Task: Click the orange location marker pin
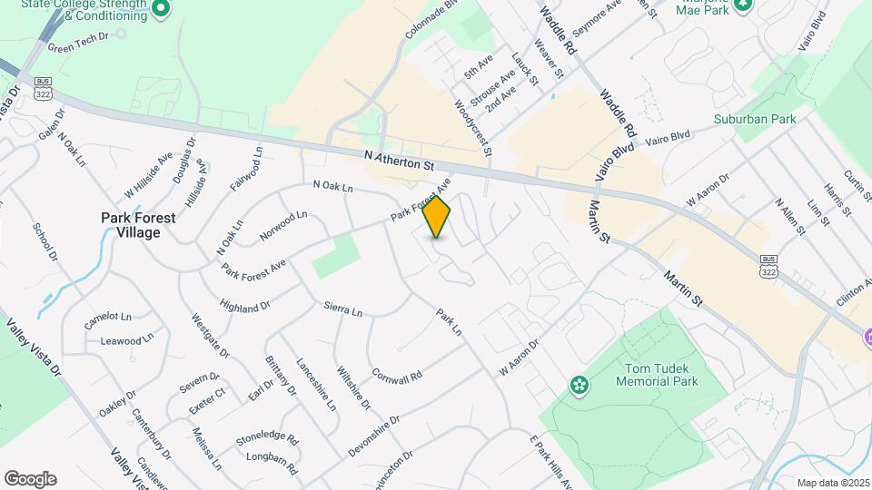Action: click(x=437, y=217)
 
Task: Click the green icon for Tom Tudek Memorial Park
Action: click(x=580, y=386)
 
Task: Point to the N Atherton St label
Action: click(x=400, y=161)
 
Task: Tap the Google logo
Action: click(x=29, y=479)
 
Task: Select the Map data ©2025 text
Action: click(x=832, y=483)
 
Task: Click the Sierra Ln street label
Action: click(x=343, y=309)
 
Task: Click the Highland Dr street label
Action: click(x=245, y=309)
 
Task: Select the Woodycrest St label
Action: click(x=472, y=129)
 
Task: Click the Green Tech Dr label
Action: click(x=78, y=47)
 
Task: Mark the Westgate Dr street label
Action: click(x=211, y=335)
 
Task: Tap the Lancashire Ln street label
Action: click(x=316, y=387)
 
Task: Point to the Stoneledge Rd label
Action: click(x=267, y=437)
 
